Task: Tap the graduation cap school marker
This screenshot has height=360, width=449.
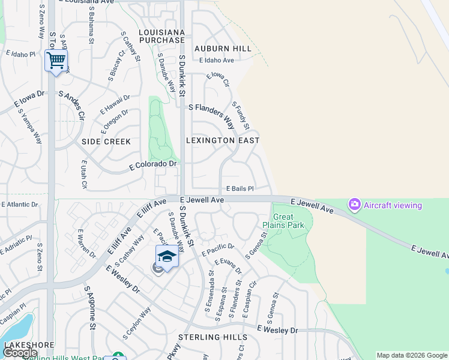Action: [x=167, y=257]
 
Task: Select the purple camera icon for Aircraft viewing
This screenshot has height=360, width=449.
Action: [x=355, y=205]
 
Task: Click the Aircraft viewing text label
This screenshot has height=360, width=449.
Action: [x=393, y=205]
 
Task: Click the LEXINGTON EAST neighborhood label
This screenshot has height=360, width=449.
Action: [x=223, y=140]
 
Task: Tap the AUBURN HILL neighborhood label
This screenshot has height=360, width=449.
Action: [x=223, y=48]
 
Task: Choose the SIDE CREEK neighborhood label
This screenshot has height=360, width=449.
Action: [x=106, y=142]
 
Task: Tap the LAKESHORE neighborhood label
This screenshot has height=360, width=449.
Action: [x=29, y=346]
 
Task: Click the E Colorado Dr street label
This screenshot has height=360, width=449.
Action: [x=154, y=164]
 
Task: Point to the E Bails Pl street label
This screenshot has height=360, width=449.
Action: [x=240, y=188]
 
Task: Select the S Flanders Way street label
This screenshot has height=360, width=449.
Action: [x=211, y=113]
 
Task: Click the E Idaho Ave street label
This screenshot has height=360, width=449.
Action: [x=219, y=61]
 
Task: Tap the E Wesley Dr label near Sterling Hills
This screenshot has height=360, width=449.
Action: [x=277, y=330]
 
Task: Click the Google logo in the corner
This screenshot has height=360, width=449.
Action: [x=20, y=353]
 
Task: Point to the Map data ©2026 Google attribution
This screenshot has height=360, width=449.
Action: [x=412, y=355]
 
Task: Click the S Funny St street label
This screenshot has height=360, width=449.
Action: [x=241, y=115]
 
